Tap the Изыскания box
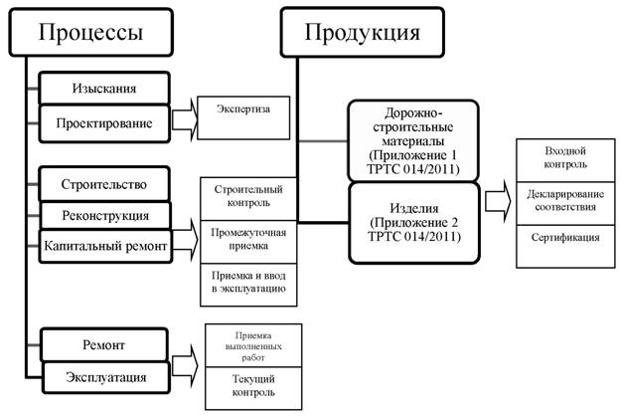pos(103,88)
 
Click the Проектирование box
pos(103,123)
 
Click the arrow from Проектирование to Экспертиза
pos(183,122)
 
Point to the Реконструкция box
pos(103,214)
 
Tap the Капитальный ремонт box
pos(103,243)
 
